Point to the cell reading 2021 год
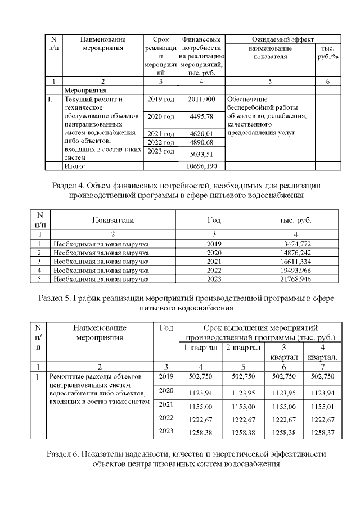(161, 134)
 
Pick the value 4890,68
(202, 143)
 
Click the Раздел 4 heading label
(76, 186)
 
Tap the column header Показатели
(114, 220)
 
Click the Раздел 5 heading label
(58, 298)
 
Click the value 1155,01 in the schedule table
(323, 405)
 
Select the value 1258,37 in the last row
(323, 432)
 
